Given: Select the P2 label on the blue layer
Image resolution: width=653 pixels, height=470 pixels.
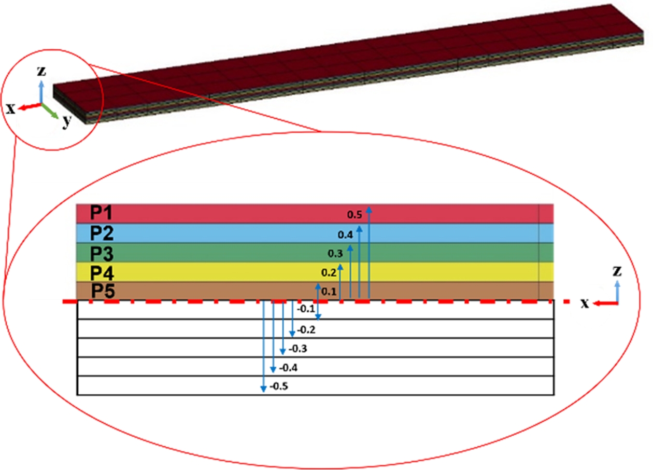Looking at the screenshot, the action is tap(102, 233).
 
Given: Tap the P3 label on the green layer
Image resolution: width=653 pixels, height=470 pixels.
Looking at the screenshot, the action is tap(102, 254).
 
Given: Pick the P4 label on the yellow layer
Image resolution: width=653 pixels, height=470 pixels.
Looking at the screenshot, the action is tap(102, 273).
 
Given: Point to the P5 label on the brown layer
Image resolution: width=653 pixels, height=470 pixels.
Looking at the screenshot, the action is tap(103, 291).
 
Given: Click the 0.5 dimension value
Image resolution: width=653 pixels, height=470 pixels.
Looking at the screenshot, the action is tap(354, 215).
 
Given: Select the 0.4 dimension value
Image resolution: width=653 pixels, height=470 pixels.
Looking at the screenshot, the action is tap(345, 234).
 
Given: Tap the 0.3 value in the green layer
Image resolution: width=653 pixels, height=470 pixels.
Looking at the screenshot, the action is tap(335, 254).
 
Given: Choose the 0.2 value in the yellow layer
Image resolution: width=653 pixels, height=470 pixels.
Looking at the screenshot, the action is tap(329, 272).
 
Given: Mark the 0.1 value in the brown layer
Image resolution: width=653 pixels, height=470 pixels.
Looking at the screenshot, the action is tap(329, 292).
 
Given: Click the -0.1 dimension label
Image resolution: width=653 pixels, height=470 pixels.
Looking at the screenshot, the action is tap(306, 309).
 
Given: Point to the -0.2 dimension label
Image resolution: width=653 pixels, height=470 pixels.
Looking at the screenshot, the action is tap(306, 330).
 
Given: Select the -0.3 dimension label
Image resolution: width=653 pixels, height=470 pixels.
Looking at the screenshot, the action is tap(298, 349).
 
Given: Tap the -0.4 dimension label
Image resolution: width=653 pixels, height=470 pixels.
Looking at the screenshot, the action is tap(288, 368).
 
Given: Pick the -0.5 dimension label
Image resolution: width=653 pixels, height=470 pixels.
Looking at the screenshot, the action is tap(279, 386).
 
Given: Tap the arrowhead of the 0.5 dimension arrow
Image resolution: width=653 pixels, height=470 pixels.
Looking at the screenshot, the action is tap(369, 210).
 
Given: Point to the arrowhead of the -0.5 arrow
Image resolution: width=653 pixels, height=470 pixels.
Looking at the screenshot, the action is tap(263, 389).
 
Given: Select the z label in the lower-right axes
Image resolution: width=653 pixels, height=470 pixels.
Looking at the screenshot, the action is tap(617, 272).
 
